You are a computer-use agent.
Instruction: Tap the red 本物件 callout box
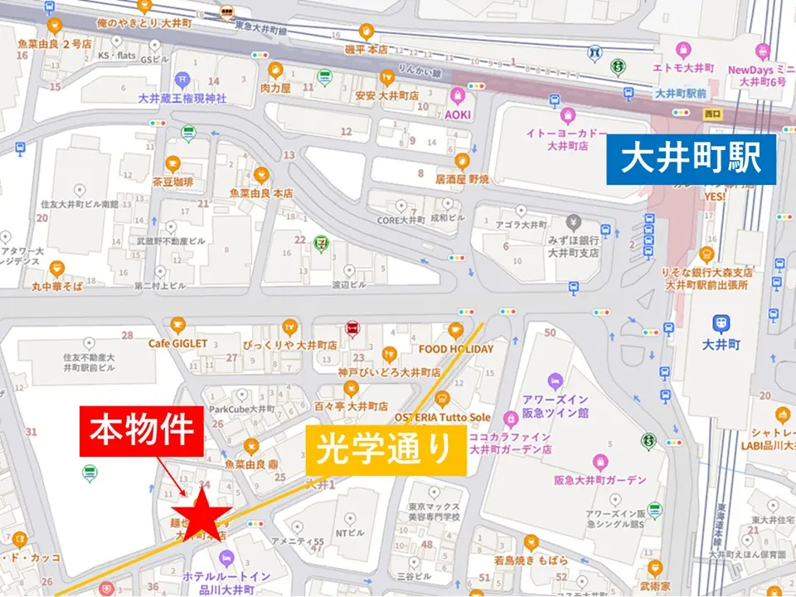[141, 431]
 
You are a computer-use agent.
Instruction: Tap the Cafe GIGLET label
[178, 343]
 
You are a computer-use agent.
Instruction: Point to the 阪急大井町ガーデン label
[600, 480]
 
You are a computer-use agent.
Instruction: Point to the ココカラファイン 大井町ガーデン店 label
[510, 444]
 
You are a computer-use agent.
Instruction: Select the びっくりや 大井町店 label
[289, 344]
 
